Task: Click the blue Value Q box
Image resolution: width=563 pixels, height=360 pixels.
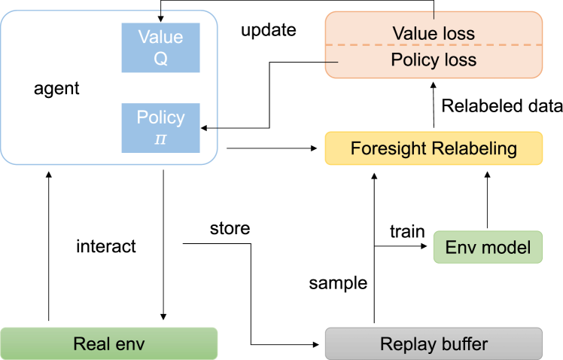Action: (x=160, y=47)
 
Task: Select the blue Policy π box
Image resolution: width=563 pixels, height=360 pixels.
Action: (x=160, y=128)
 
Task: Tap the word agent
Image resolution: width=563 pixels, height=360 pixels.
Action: (x=56, y=89)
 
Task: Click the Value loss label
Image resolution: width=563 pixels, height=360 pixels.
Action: (x=434, y=33)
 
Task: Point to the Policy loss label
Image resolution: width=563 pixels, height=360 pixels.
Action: (x=434, y=60)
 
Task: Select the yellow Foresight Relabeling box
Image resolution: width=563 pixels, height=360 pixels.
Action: (x=434, y=148)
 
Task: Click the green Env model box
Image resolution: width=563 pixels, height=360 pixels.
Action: (x=487, y=247)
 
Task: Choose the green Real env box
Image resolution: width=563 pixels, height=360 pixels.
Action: (x=108, y=343)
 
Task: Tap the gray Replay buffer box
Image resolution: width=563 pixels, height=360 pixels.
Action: (x=434, y=343)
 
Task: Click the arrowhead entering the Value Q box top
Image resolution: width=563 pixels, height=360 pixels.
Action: (x=160, y=20)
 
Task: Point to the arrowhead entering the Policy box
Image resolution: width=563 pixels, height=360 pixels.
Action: (x=204, y=128)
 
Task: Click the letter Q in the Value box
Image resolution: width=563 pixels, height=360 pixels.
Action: (x=160, y=59)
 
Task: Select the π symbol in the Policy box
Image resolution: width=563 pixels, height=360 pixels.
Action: (x=160, y=139)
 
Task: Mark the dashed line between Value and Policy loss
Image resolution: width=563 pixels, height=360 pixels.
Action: (x=434, y=46)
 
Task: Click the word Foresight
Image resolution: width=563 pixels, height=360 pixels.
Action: (x=388, y=148)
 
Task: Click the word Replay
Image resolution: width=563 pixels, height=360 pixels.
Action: (x=406, y=344)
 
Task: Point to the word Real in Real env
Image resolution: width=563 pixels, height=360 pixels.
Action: (x=90, y=344)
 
